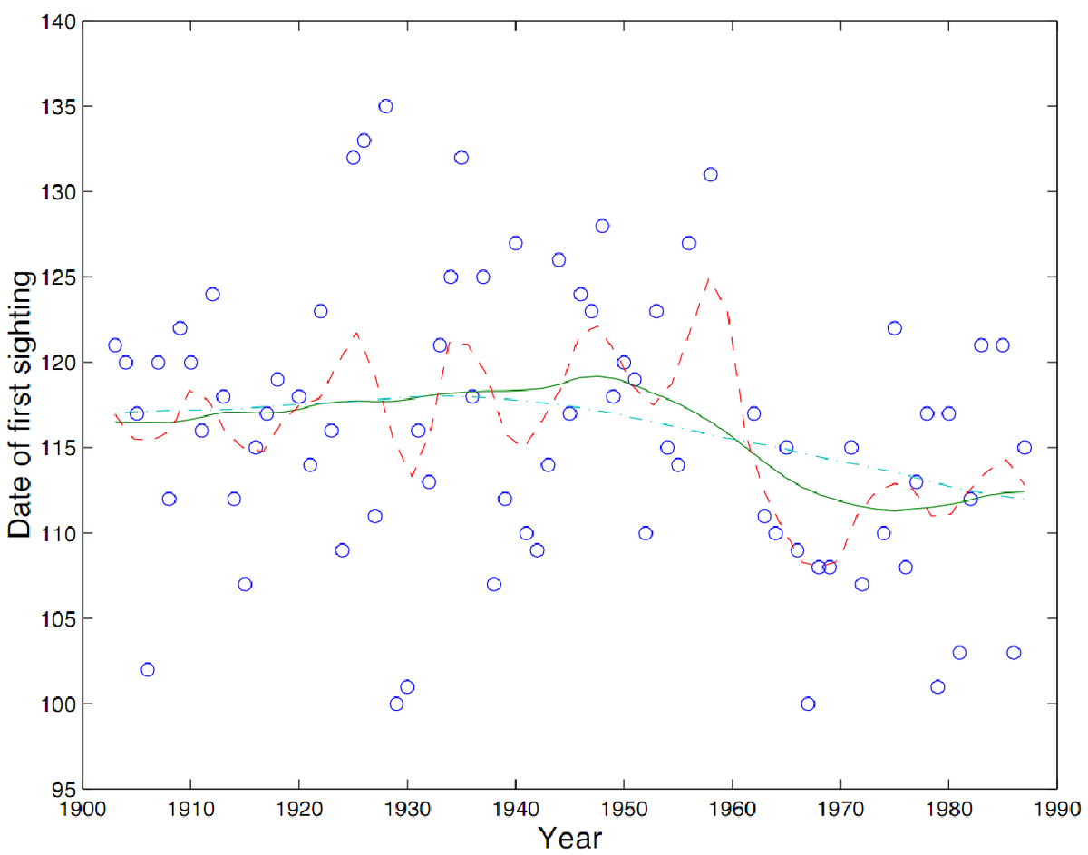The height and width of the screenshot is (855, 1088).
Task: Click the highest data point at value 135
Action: pyautogui.click(x=385, y=106)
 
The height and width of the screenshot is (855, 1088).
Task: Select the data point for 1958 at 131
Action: pyautogui.click(x=710, y=174)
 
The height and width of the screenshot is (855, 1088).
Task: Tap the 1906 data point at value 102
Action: pyautogui.click(x=148, y=669)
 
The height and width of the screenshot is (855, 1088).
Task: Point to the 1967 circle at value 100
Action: pyautogui.click(x=808, y=704)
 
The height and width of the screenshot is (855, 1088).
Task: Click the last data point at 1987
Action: pyautogui.click(x=1025, y=447)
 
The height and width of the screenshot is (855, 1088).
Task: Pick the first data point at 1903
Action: pyautogui.click(x=115, y=345)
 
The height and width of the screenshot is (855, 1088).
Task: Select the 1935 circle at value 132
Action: pyautogui.click(x=461, y=157)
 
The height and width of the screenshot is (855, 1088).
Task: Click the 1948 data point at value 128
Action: pyautogui.click(x=602, y=226)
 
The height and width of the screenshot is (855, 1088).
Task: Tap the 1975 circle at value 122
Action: pyautogui.click(x=895, y=328)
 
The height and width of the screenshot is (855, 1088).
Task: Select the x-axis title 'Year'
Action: pyautogui.click(x=569, y=837)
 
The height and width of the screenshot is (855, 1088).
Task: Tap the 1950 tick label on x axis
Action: pyautogui.click(x=623, y=806)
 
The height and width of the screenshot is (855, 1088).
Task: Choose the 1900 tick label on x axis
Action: pyautogui.click(x=83, y=806)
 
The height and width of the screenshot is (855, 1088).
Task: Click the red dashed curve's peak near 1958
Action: pyautogui.click(x=708, y=279)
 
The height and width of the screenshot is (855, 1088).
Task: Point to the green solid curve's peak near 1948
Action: pyautogui.click(x=597, y=375)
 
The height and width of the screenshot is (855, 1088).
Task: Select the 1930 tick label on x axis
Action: pyautogui.click(x=407, y=806)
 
